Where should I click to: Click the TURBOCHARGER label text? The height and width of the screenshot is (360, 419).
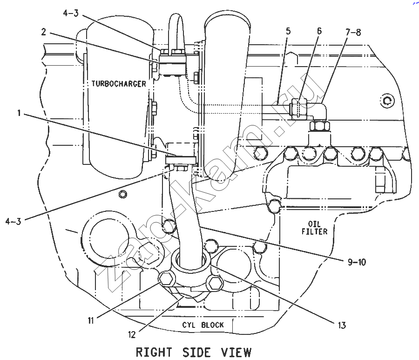pyautogui.click(x=119, y=84)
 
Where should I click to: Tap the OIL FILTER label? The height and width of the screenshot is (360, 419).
pyautogui.click(x=315, y=227)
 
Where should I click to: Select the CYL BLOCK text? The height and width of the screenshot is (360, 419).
pyautogui.click(x=203, y=325)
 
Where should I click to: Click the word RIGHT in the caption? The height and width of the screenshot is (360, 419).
pyautogui.click(x=154, y=352)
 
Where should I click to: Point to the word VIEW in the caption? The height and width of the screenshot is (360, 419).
pyautogui.click(x=236, y=352)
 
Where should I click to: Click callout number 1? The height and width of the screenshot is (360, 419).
pyautogui.click(x=19, y=113)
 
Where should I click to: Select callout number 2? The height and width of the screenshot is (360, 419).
pyautogui.click(x=44, y=32)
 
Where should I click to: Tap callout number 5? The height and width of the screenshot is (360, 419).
pyautogui.click(x=288, y=31)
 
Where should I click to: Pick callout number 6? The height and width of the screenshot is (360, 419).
pyautogui.click(x=319, y=31)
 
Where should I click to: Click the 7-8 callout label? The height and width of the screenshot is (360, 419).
pyautogui.click(x=353, y=32)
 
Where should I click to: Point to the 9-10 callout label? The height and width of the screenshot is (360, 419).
pyautogui.click(x=357, y=262)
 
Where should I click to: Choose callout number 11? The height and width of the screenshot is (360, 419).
pyautogui.click(x=91, y=320)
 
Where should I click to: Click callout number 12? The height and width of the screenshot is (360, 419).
pyautogui.click(x=132, y=334)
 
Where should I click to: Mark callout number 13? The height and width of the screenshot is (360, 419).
pyautogui.click(x=342, y=325)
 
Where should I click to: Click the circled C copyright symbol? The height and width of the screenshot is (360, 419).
pyautogui.click(x=387, y=101)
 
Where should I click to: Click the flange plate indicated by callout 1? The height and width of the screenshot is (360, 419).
pyautogui.click(x=181, y=160)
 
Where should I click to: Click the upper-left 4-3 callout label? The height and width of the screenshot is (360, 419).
pyautogui.click(x=71, y=13)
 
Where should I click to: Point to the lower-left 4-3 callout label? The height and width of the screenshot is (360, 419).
pyautogui.click(x=13, y=221)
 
